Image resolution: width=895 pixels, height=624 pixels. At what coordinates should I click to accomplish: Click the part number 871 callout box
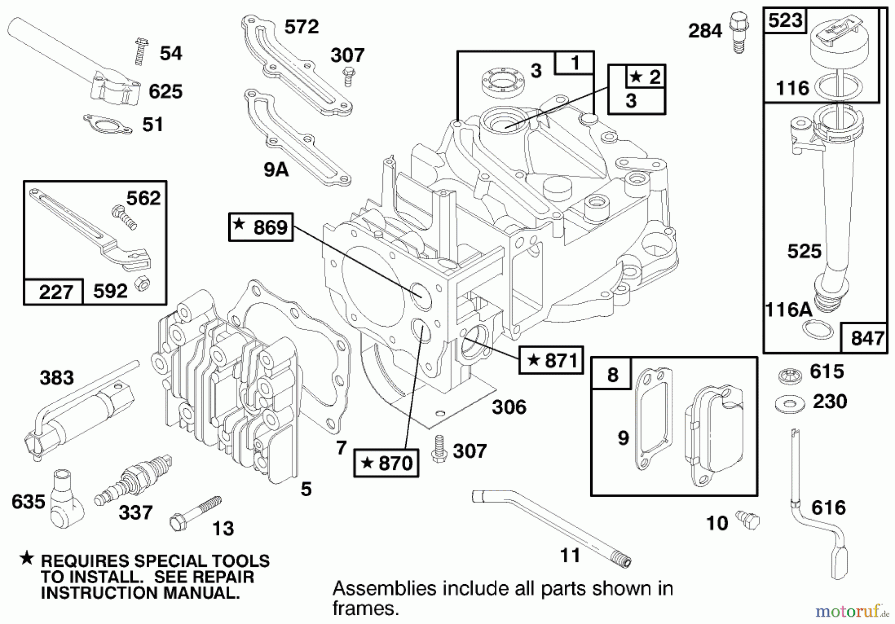coord(551,360)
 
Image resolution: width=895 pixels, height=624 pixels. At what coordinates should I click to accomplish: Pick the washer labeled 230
coord(790,404)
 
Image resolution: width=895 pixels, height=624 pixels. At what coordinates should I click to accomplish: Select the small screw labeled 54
coord(141,52)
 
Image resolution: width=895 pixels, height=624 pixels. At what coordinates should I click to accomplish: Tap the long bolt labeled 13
coord(195,514)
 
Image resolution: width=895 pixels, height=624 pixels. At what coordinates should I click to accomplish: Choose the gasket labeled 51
coord(108,124)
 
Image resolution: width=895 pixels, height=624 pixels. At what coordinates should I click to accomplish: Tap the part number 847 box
coord(867,338)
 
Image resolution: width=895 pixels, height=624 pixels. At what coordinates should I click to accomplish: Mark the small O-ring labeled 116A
coord(818,329)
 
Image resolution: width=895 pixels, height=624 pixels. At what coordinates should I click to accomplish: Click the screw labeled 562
coord(124,218)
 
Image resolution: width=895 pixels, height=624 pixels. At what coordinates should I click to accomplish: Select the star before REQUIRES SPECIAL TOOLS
coord(27,559)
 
